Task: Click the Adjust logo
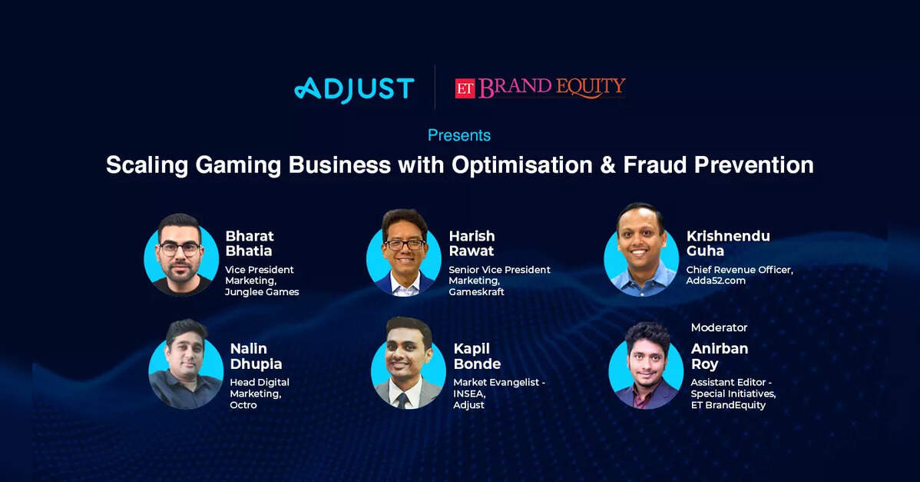[354, 89]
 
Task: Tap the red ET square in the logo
[465, 88]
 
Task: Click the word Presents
[458, 135]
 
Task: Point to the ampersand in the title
[607, 165]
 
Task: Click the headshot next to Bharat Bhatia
[181, 254]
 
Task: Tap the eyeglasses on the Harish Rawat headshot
[404, 244]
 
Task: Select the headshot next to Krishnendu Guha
[641, 250]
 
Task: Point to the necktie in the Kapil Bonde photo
[402, 401]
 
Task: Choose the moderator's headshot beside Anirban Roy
[646, 366]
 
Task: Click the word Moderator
[719, 327]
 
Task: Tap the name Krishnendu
[728, 236]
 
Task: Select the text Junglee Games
[263, 292]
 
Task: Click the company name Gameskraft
[476, 292]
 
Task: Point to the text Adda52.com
[716, 281]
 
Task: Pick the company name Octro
[243, 405]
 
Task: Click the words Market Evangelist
[496, 382]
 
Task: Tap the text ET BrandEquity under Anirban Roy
[728, 405]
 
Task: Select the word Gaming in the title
[238, 166]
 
